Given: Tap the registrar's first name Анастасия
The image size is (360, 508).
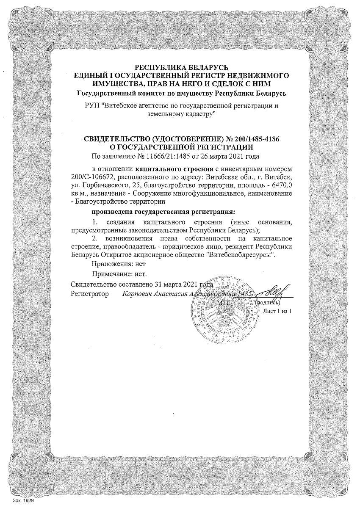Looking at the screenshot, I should point(166,293).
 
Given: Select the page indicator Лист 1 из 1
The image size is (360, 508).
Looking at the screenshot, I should point(277,311).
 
